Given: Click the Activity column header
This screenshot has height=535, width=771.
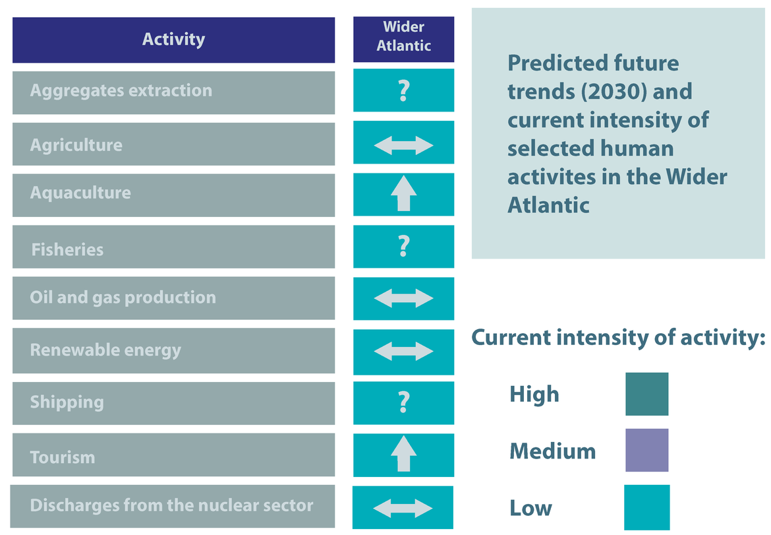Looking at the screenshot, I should point(173,40).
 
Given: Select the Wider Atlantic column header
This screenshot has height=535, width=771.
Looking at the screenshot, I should point(403,36).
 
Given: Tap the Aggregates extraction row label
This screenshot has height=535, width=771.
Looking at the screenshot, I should point(121,91).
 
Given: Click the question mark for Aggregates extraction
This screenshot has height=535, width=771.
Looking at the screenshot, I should point(403,91).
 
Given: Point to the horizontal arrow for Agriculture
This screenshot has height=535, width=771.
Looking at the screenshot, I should point(403,145).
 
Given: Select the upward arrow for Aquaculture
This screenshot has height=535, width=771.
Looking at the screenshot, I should point(403,195).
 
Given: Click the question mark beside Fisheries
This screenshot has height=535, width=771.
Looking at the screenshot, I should point(403,247).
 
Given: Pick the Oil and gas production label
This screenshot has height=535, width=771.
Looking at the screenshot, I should point(123,298).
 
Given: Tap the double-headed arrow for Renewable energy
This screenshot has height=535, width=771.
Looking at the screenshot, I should point(403,351).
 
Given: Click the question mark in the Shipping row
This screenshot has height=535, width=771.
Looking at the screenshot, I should point(403,402).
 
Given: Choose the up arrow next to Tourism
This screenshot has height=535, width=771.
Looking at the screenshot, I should point(403,455).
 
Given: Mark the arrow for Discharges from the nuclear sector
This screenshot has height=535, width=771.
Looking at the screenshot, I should point(403,508).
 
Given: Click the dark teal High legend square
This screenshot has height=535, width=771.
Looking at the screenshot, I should point(646,394).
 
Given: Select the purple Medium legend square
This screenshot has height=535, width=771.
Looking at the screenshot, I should point(646,450).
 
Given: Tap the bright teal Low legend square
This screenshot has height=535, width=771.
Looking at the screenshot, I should point(646,507).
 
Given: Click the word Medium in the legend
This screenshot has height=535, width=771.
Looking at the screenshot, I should point(552,452).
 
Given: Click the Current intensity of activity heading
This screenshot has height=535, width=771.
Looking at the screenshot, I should point(617,338).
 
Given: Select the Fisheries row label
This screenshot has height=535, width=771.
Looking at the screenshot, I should point(67,250).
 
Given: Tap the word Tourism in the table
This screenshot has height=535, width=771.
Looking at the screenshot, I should point(63,457).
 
